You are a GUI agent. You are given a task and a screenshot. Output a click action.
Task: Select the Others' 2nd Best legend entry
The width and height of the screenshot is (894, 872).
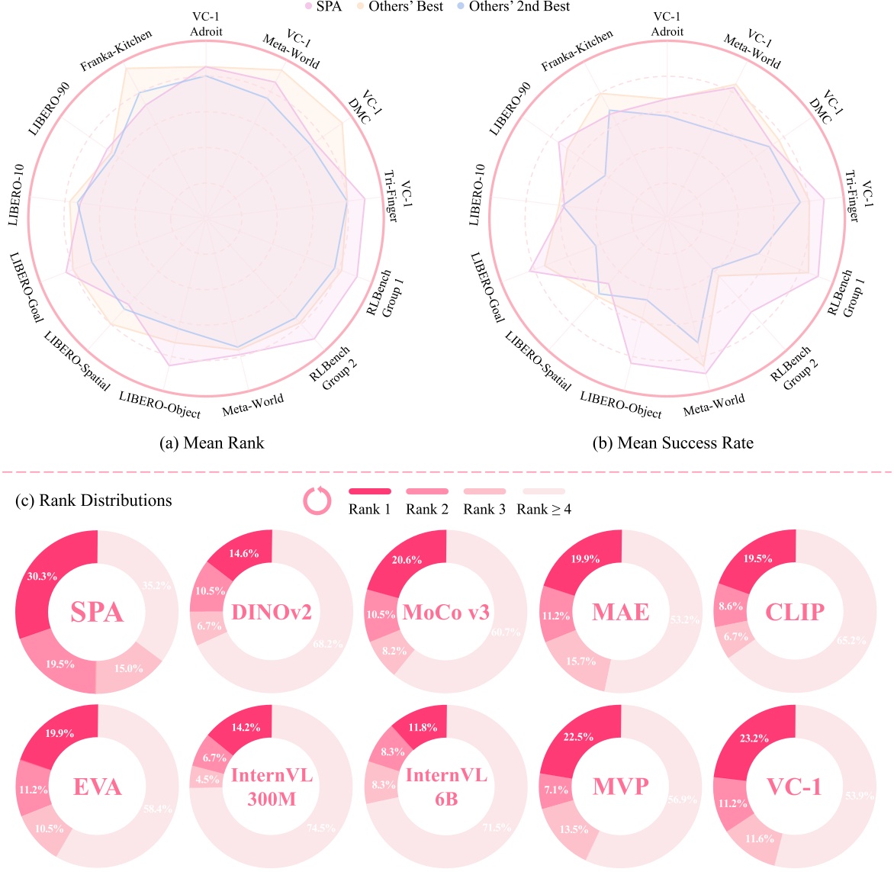[x=519, y=7]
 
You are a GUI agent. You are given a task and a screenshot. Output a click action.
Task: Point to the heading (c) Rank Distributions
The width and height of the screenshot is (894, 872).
[x=93, y=500]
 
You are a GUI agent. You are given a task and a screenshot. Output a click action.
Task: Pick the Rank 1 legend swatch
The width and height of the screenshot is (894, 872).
[x=370, y=492]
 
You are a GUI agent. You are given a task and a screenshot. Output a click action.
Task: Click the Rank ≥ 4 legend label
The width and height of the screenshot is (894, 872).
[x=544, y=509]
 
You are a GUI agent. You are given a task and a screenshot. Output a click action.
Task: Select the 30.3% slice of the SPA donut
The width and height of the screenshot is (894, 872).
[x=41, y=577]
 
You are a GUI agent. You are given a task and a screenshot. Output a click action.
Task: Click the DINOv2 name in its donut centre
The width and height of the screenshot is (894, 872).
[x=272, y=612]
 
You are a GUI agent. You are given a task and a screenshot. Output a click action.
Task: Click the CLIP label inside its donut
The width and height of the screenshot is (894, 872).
[x=796, y=612]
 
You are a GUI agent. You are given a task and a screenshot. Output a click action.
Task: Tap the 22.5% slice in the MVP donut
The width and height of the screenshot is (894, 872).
[x=580, y=735]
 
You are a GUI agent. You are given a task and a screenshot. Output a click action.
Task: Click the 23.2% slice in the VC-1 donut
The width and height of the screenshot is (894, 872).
[x=754, y=738]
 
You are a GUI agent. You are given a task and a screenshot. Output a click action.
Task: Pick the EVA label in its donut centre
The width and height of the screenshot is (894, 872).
[x=98, y=786]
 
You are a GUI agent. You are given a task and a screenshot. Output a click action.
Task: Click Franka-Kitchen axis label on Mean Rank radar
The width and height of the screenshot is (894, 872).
[x=117, y=51]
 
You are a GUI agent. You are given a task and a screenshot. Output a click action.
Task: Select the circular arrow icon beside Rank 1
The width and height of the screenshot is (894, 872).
[x=317, y=500]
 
